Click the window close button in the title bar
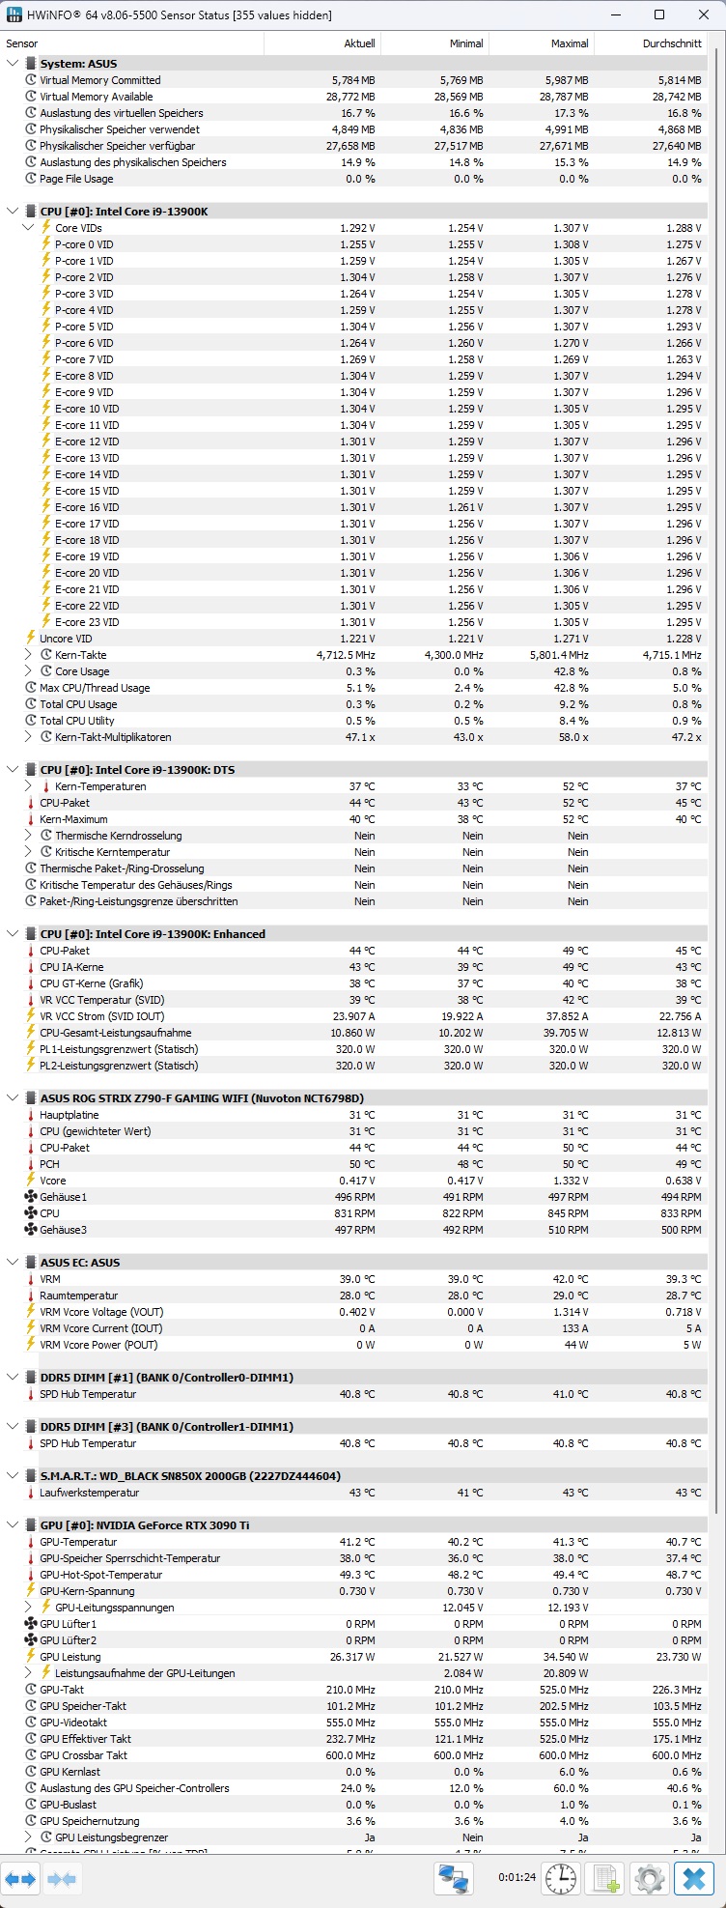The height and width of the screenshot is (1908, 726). pos(702,14)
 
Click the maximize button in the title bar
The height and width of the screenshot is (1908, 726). pos(659,14)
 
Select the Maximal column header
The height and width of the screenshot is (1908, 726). pos(570,43)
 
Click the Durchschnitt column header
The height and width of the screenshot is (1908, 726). pos(672,43)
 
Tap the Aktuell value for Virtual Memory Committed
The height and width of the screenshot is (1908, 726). pos(353,80)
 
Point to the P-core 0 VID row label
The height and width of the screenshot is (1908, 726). pos(84,244)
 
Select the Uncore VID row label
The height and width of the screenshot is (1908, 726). pos(66,639)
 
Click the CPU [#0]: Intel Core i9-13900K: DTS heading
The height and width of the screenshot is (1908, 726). pos(137,770)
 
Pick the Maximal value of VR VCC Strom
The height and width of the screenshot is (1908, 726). pos(565,1016)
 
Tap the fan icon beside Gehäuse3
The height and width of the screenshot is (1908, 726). pos(31,1230)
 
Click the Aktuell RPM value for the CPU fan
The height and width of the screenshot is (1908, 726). pos(356,1213)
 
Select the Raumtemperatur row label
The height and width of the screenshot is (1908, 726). pos(78,1296)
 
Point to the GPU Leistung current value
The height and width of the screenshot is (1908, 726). pos(352,1657)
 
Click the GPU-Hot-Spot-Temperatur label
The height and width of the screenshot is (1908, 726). pos(100,1575)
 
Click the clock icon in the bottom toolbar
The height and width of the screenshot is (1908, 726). pos(561,1879)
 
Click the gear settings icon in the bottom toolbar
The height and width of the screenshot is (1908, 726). pos(649,1879)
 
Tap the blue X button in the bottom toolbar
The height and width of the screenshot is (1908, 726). pos(693,1879)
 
